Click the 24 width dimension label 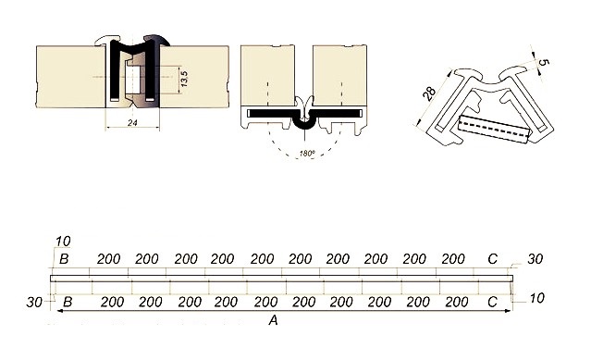pyautogui.click(x=132, y=122)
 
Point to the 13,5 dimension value pyautogui.click(x=184, y=79)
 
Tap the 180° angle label pyautogui.click(x=307, y=154)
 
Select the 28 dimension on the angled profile pyautogui.click(x=429, y=93)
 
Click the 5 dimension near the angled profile pyautogui.click(x=544, y=63)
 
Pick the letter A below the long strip pyautogui.click(x=273, y=320)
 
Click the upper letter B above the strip pyautogui.click(x=64, y=259)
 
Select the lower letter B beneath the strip pyautogui.click(x=68, y=302)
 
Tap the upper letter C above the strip pyautogui.click(x=492, y=259)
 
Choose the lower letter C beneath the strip pyautogui.click(x=492, y=302)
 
